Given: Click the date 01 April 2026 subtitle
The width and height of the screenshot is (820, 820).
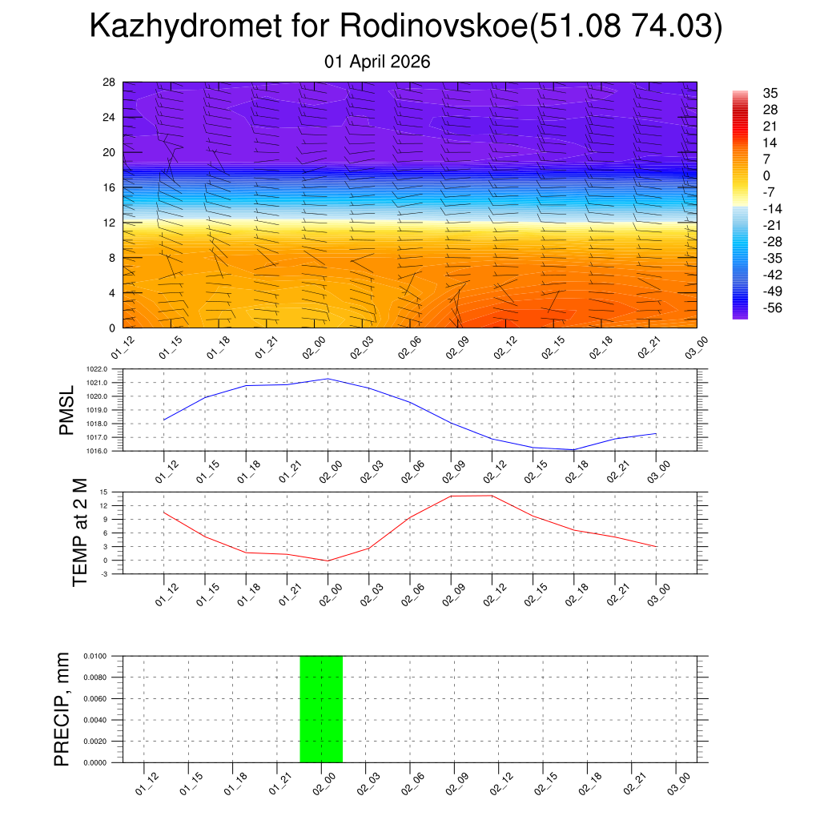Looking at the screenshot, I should [377, 62].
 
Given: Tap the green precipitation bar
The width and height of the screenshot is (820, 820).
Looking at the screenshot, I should [321, 709].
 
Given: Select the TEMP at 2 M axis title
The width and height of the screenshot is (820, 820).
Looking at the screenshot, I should [79, 533].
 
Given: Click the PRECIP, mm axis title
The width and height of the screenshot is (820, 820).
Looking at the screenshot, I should [62, 709].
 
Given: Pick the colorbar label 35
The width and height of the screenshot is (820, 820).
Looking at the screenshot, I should [770, 93].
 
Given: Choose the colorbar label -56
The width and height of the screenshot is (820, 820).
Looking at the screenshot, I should [772, 307].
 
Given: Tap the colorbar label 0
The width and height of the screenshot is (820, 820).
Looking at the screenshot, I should [766, 175].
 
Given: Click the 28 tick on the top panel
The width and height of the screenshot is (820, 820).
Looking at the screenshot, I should [110, 82].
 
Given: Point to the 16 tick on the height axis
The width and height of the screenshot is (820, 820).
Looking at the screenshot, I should [110, 187].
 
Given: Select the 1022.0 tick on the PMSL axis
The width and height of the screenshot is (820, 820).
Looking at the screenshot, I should [98, 369].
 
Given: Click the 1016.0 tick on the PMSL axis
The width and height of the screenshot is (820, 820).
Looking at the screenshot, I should [98, 451].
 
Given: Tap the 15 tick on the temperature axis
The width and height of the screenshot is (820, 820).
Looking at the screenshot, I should [104, 492].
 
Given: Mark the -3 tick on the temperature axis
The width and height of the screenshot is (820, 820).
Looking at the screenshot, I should [104, 573].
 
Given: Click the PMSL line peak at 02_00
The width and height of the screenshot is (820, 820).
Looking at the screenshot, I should [328, 379].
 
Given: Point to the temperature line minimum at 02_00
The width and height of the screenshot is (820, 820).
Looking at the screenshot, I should [328, 561].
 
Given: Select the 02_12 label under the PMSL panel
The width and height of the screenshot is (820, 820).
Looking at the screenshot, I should [492, 471].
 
